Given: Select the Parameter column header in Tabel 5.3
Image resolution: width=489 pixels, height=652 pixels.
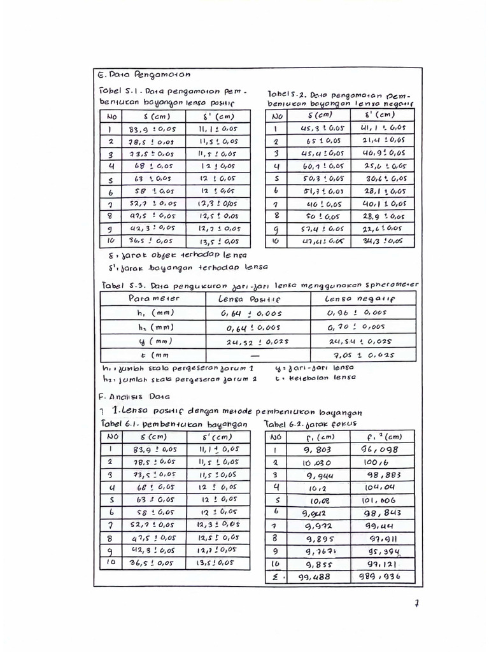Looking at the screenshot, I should click(x=154, y=298).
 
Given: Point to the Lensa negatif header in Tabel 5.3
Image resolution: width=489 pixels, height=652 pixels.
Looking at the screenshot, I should click(x=360, y=298).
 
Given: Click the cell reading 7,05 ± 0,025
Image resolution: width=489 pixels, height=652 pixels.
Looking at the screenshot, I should click(x=363, y=355).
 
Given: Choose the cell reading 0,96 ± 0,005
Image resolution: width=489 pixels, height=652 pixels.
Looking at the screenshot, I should click(x=362, y=312).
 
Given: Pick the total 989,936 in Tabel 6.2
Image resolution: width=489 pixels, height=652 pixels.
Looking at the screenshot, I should click(x=381, y=577).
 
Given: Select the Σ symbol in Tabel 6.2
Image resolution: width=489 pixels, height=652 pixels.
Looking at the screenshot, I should click(x=276, y=577).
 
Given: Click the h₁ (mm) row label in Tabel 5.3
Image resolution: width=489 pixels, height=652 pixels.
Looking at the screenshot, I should click(x=152, y=312).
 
